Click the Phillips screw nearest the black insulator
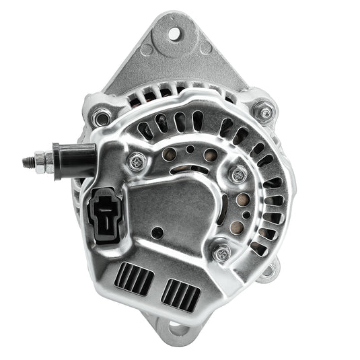pos(137,160)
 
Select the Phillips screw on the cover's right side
pos(238,174)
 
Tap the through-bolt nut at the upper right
pos(264,110)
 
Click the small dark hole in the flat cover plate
pos(157,233)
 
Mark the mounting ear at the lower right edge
pos(270,271)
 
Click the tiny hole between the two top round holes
pos(190,149)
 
